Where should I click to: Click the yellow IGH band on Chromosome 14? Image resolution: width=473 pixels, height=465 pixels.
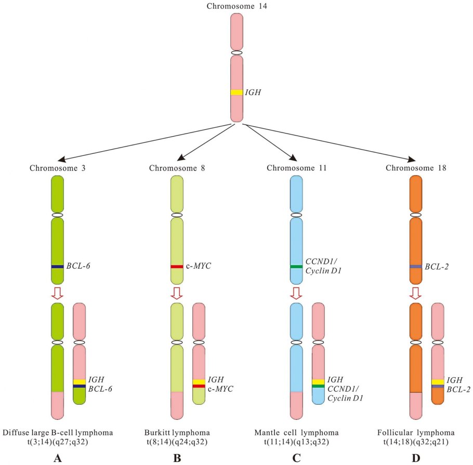(x=237, y=92)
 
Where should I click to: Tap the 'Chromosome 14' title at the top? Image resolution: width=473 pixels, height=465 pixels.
(x=237, y=6)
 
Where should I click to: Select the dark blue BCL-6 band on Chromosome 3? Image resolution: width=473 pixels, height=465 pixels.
(x=57, y=267)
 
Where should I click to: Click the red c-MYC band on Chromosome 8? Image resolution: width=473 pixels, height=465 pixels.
(x=177, y=267)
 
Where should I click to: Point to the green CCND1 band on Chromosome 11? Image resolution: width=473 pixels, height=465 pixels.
(x=296, y=267)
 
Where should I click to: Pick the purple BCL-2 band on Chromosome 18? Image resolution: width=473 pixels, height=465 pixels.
(x=415, y=267)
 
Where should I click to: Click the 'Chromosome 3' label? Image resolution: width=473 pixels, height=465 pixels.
(x=57, y=168)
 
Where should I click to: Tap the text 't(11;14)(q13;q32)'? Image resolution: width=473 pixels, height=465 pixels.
(x=296, y=442)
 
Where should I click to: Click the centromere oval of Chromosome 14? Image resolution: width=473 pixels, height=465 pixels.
(x=237, y=53)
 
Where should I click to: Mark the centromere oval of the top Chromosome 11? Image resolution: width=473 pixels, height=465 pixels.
(x=296, y=215)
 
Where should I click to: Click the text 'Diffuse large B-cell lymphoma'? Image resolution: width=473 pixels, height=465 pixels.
(x=58, y=432)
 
